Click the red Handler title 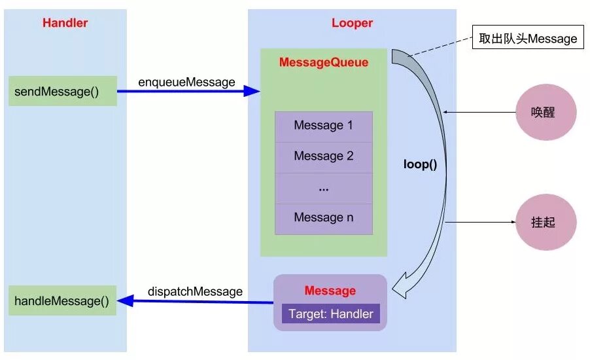click(65, 23)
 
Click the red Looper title click(352, 23)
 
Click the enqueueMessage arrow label click(186, 82)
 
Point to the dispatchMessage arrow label click(195, 291)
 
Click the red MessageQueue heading click(323, 63)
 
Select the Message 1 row click(323, 126)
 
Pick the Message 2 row click(323, 156)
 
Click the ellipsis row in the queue click(323, 188)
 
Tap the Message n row click(323, 218)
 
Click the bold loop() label click(420, 164)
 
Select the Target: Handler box click(330, 314)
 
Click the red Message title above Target click(330, 291)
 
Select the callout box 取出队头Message click(528, 39)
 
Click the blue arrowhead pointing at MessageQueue click(252, 92)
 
